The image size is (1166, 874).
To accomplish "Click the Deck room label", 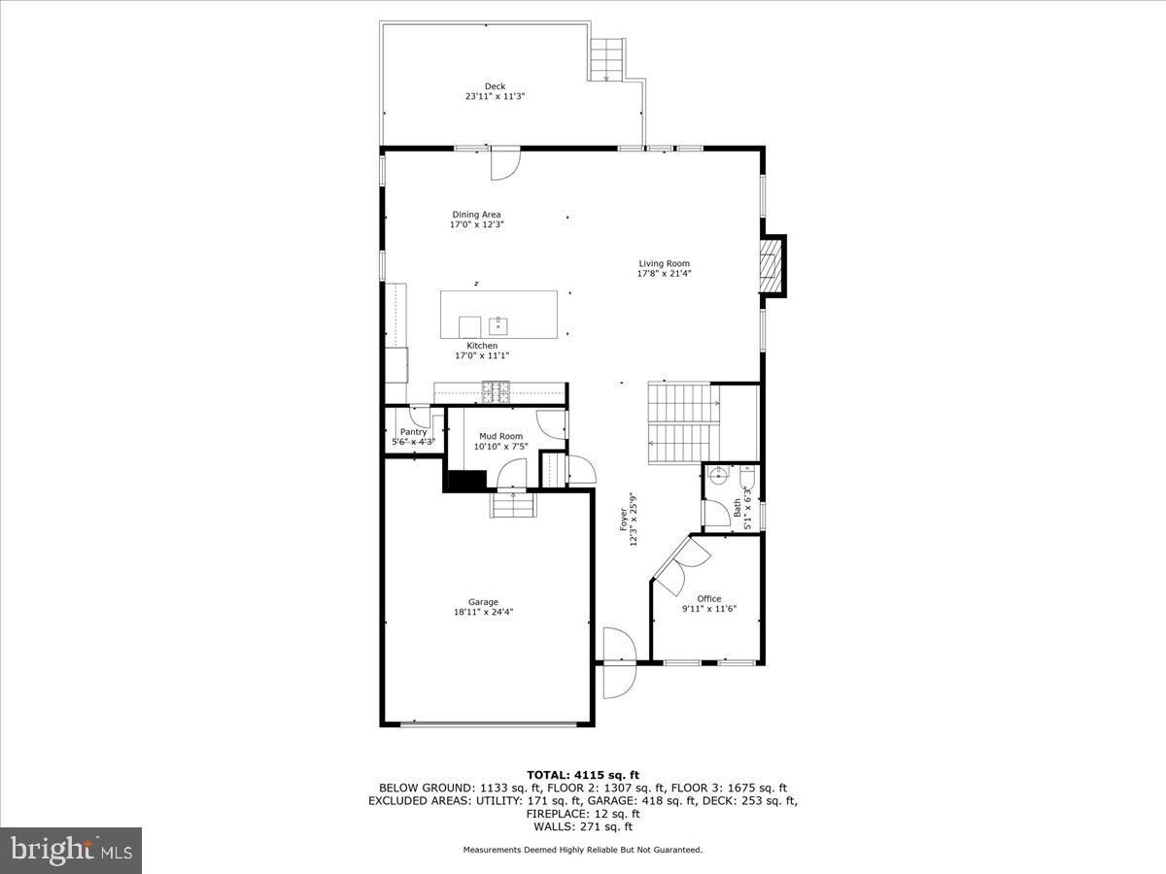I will point(496,86).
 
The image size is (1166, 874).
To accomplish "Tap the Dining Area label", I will point(476,215).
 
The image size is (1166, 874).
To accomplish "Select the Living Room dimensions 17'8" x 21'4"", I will point(665,273).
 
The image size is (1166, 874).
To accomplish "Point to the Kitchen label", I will point(482,346).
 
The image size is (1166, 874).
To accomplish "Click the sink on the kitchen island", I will point(498,323).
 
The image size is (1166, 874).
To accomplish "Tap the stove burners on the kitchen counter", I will point(496,391).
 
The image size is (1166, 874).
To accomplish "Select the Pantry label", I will point(413,432).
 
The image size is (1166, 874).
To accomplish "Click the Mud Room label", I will point(498,436).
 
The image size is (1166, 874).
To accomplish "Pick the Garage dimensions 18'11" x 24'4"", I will point(483,612).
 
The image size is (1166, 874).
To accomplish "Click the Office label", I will point(709,598).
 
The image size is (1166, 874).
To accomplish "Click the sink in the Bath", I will point(718,476).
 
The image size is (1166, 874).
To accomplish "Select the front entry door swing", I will point(617,662).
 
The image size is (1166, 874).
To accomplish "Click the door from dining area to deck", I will point(505,163).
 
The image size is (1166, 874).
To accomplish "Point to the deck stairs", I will point(607,58).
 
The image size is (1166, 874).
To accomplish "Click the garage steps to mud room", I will point(512,506).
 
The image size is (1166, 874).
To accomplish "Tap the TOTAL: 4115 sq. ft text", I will point(582,774).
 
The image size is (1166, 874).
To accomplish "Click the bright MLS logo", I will point(71,851).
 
